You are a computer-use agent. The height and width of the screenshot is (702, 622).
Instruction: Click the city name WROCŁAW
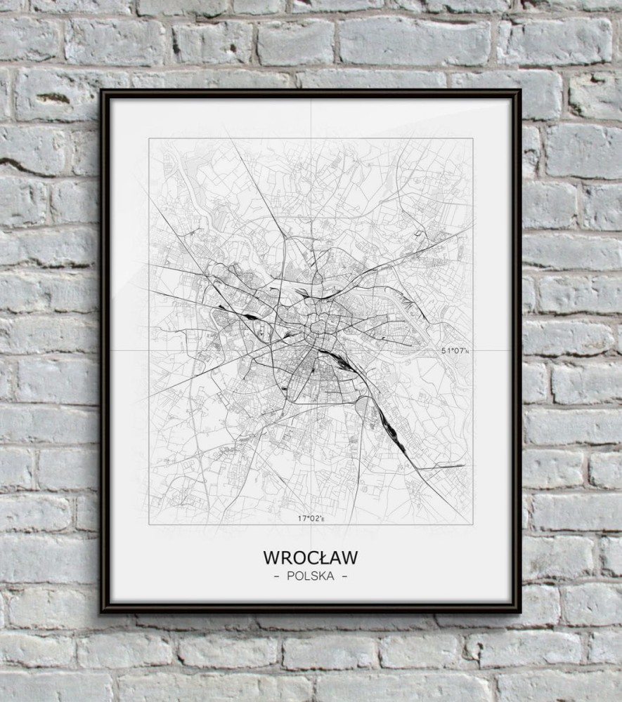coord(311,557)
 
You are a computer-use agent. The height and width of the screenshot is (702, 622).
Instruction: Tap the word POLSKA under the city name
coord(311,576)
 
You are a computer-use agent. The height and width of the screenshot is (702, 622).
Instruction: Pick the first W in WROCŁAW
coord(271,557)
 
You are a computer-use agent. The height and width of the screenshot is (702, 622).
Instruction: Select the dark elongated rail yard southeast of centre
coord(391,425)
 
